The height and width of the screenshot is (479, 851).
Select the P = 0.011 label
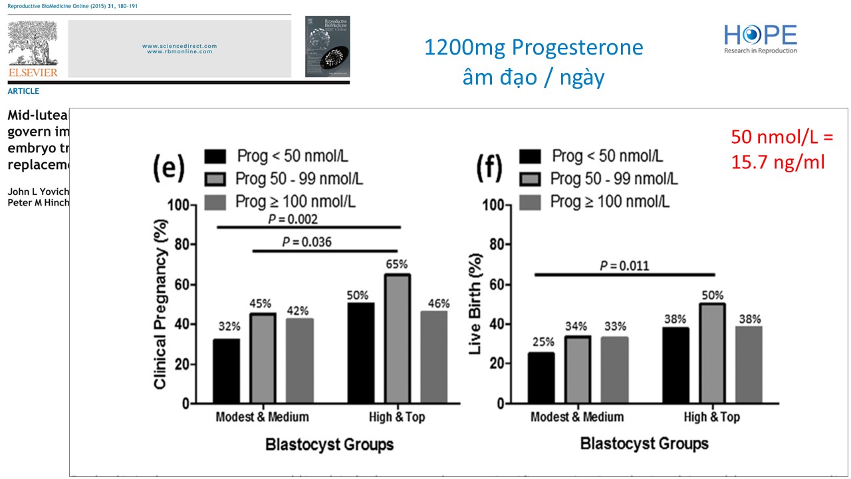tap(624, 266)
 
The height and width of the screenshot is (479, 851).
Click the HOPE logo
tap(761, 39)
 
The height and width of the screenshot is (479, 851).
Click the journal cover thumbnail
tap(327, 47)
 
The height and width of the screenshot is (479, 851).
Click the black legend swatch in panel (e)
tap(217, 157)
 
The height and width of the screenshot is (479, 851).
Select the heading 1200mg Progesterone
tap(534, 48)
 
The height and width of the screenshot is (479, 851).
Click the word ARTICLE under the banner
tap(23, 91)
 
